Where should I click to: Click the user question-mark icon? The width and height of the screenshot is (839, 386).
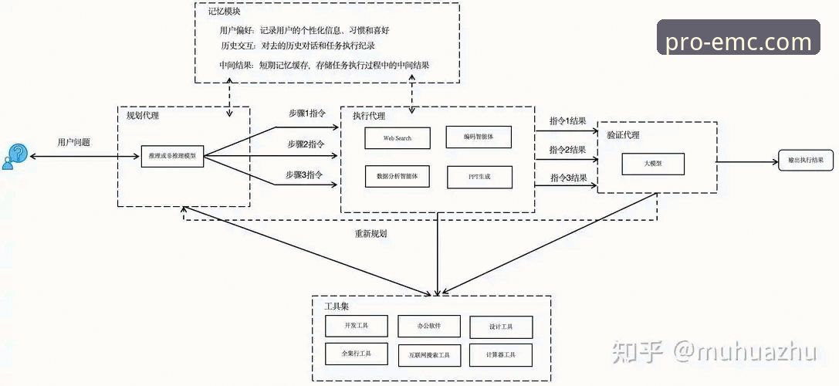click(x=15, y=156)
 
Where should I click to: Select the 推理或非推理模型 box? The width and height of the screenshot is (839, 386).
click(x=172, y=156)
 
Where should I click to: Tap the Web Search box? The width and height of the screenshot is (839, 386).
click(x=398, y=138)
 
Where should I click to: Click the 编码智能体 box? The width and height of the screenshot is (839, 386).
click(x=479, y=137)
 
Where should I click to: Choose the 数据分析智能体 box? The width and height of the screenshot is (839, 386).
click(x=398, y=176)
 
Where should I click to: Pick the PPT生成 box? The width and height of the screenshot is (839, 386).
click(x=479, y=177)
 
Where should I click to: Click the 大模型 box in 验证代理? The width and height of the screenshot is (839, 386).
click(x=653, y=164)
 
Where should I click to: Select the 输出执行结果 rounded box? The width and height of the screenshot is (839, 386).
click(x=805, y=160)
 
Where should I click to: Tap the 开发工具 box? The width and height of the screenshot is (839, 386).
click(x=357, y=326)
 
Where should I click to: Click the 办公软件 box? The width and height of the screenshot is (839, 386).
click(x=429, y=326)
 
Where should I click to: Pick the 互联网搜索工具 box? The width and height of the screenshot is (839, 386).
click(x=429, y=354)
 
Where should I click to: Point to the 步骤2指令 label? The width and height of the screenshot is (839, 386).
click(x=306, y=144)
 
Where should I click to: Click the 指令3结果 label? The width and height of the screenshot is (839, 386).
click(x=568, y=178)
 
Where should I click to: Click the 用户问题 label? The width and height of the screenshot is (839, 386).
click(x=74, y=142)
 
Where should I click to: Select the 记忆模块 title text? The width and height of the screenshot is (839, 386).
click(x=223, y=12)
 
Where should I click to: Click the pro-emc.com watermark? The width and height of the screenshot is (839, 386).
click(x=738, y=41)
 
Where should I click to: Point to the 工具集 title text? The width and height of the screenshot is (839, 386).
click(x=336, y=307)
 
